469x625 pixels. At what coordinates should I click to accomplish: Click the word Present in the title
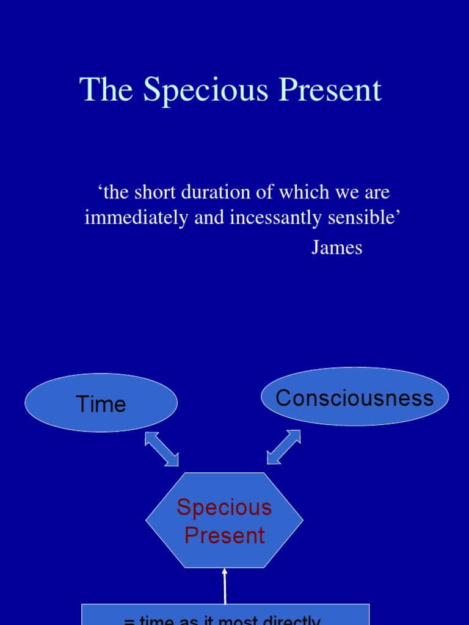click(330, 90)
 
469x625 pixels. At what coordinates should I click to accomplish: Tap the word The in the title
click(107, 90)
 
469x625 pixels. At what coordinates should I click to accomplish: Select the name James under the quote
click(336, 247)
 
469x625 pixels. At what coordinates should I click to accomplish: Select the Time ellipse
click(101, 403)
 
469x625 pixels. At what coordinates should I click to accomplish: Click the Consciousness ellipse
click(354, 397)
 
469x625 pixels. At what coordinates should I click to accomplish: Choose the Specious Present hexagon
click(224, 520)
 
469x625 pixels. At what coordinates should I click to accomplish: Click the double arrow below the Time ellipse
click(161, 449)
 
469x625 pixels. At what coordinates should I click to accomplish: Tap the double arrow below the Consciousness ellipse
click(283, 447)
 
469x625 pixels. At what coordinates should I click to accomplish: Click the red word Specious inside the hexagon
click(224, 507)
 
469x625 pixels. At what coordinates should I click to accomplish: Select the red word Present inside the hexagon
click(224, 535)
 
